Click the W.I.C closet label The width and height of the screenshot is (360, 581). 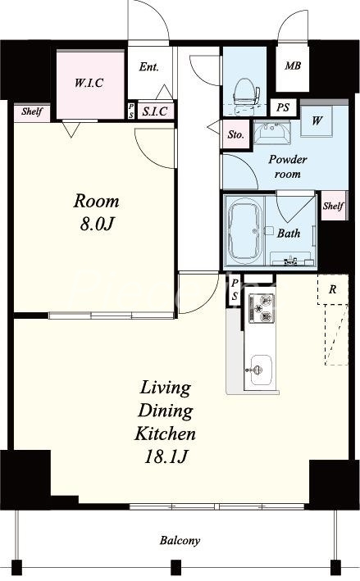coord(89,83)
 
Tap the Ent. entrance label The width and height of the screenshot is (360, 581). coord(149,67)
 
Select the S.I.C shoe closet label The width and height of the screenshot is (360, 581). coord(155,111)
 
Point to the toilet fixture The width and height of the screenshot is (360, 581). coord(244,93)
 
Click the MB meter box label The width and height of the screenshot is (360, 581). coord(293,66)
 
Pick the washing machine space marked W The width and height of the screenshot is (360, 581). coord(317,120)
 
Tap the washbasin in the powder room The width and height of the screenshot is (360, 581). coord(271,133)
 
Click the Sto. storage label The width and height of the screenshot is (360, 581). coord(236,135)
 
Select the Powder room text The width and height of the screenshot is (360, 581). coord(288,166)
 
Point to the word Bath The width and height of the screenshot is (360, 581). coord(289,233)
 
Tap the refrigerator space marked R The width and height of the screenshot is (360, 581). coord(333,289)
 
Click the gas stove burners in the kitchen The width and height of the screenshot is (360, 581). coord(261,307)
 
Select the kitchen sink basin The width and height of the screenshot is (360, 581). coord(261,370)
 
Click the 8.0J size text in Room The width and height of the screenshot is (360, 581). coord(96,224)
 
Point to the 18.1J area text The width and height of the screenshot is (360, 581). coord(165,457)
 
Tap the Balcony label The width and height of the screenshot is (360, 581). coord(180,541)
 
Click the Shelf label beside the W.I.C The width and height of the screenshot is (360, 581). coord(32,111)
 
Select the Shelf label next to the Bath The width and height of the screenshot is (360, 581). coord(333,206)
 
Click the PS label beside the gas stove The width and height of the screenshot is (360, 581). coord(235,290)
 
